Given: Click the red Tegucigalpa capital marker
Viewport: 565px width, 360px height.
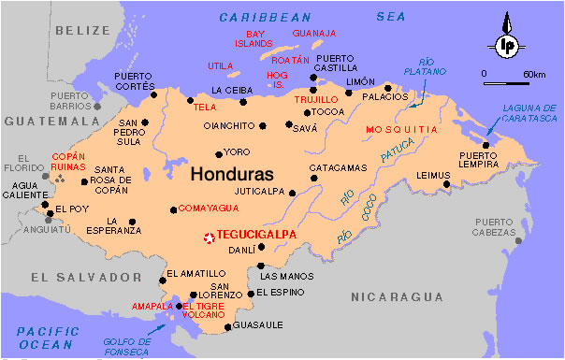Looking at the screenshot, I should (208, 238).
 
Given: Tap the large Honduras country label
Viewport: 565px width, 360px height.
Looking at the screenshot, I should (232, 175).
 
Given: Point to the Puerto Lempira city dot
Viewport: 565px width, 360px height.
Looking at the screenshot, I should (485, 145).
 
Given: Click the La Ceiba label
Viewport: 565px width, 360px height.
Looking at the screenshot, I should (231, 90).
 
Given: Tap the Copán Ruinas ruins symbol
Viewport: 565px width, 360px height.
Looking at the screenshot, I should (62, 177).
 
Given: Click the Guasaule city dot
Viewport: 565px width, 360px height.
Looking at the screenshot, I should (229, 327).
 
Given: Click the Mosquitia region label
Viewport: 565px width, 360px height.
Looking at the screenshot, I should (401, 128).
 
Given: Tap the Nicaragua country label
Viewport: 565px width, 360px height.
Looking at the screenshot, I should (398, 296).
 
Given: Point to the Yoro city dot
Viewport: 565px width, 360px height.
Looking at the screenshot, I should (219, 154).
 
